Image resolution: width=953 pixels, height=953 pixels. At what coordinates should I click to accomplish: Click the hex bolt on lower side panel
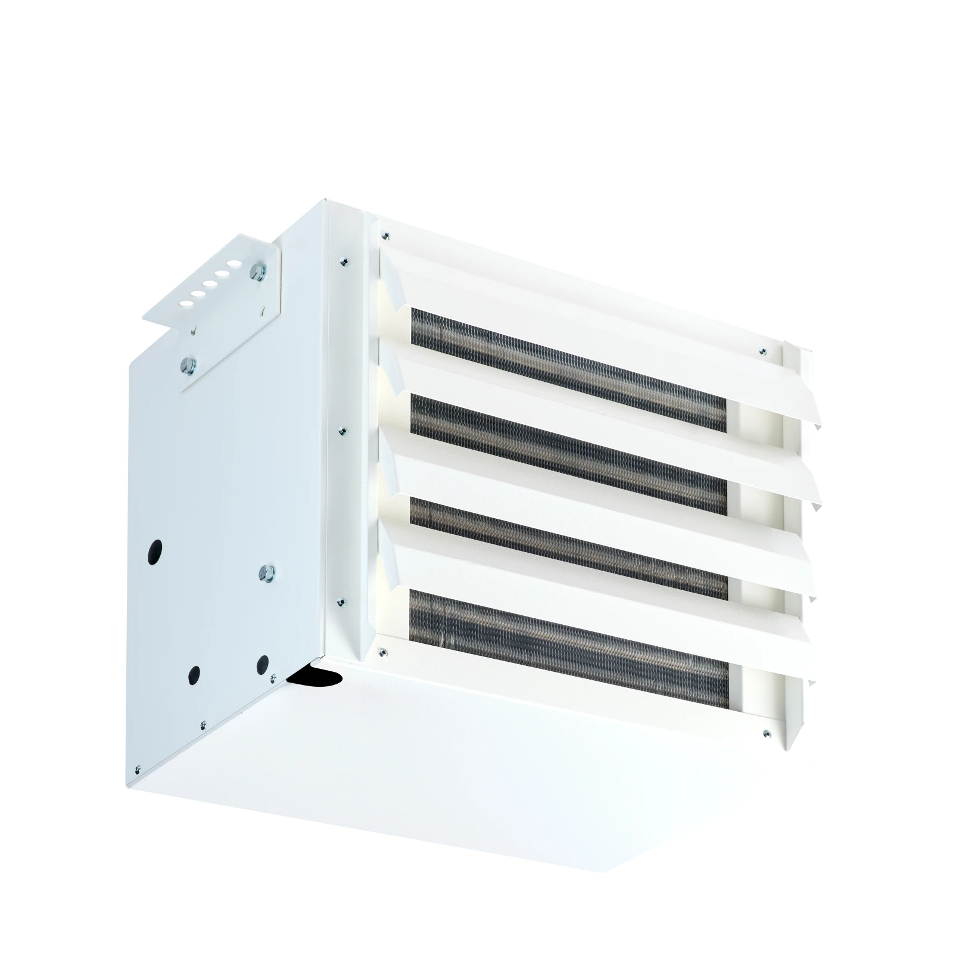(x=264, y=573)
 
